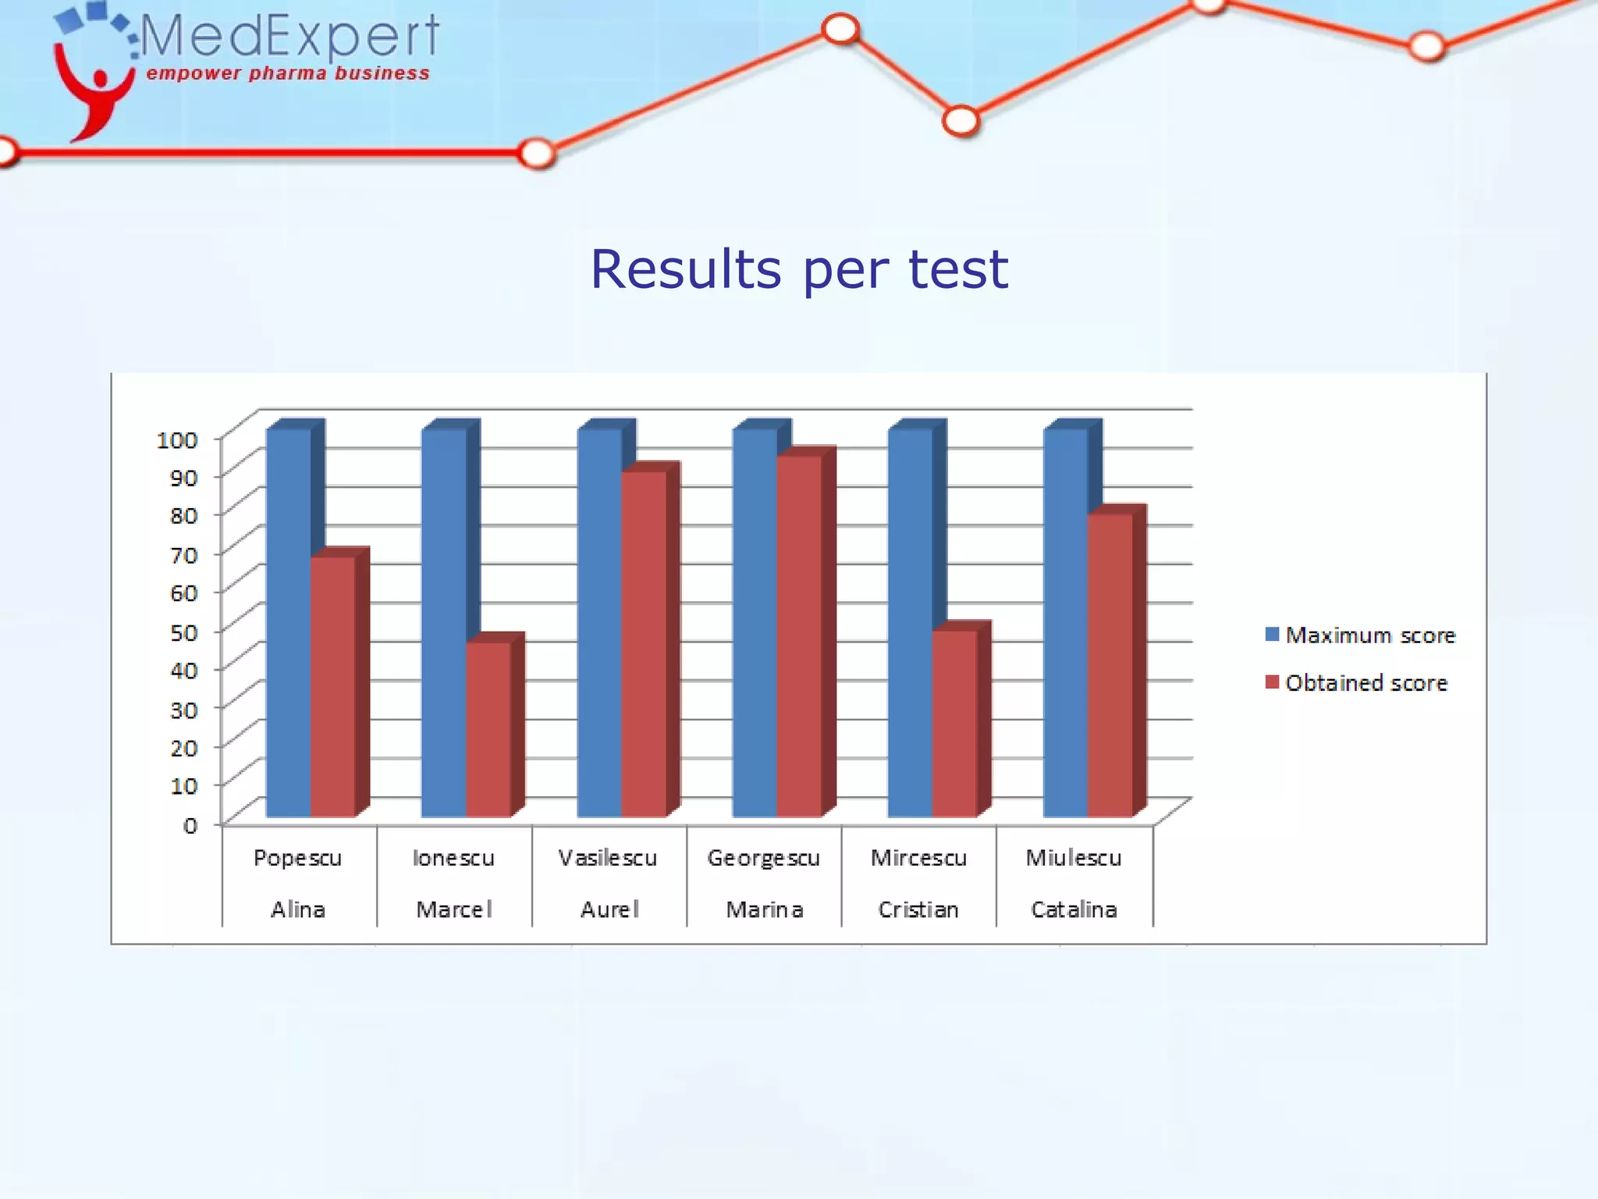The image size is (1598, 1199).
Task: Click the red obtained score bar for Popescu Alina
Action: [332, 687]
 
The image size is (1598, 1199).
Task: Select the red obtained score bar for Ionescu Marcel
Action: [488, 730]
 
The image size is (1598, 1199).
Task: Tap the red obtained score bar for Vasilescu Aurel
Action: [644, 644]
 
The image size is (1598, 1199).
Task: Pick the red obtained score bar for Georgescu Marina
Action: [799, 636]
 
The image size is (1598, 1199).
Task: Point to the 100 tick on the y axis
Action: [177, 440]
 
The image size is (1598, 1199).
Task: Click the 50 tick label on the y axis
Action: [184, 632]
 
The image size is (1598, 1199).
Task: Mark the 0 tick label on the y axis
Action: [190, 825]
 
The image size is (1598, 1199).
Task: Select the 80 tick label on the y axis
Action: [184, 515]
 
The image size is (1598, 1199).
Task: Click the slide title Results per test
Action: [799, 269]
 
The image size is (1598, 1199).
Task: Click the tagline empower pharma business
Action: [288, 73]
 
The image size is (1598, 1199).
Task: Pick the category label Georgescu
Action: [763, 858]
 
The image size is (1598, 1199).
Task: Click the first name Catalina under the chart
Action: [1074, 909]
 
